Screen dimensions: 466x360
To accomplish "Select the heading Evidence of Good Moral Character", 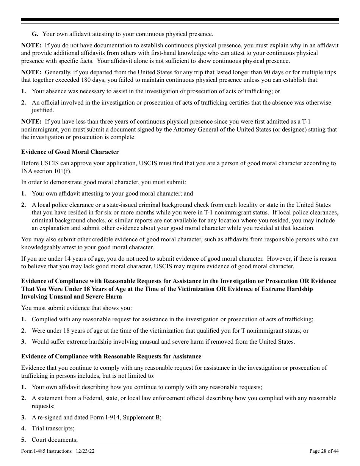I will click(x=70, y=152).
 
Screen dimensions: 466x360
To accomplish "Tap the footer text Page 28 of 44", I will click(x=324, y=451).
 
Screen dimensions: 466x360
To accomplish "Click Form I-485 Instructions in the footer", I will click(x=46, y=451).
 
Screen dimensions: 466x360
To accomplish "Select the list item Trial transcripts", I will click(x=53, y=428).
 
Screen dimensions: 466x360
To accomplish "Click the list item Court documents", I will click(x=55, y=440).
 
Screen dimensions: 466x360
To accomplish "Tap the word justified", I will click(x=43, y=110).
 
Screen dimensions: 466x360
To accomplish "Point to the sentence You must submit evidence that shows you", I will click(x=77, y=308).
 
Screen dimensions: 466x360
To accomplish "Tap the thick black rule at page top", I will click(x=180, y=20).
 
